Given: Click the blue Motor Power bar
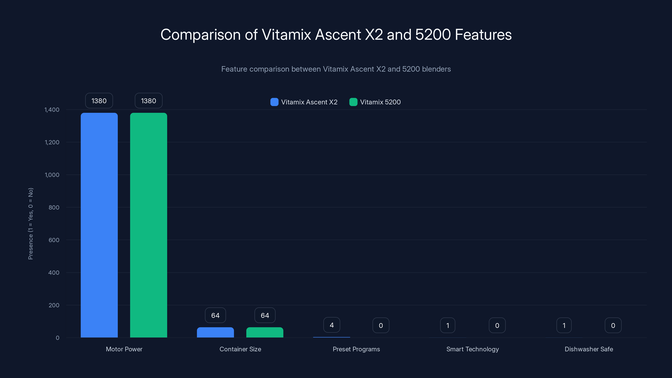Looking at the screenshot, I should (x=99, y=225).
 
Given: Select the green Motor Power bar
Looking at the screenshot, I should (x=148, y=225).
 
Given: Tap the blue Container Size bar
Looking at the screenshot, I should (x=215, y=332).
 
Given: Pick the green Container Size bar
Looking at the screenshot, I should (x=265, y=332).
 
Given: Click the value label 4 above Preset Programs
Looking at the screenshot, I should (x=332, y=325).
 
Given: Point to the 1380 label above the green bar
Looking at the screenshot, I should (x=148, y=101).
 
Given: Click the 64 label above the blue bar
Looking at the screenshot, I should (x=215, y=315).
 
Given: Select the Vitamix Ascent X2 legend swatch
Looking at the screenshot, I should (x=274, y=102).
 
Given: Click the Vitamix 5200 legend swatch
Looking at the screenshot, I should (x=353, y=102).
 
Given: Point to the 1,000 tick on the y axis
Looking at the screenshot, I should (x=52, y=175).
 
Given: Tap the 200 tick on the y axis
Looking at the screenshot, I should (x=54, y=305).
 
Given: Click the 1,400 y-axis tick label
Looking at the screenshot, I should (x=52, y=110).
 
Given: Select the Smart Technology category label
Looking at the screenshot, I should (x=472, y=349).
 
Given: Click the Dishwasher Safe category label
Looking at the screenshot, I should (x=589, y=349).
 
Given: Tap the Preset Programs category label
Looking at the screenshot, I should (x=356, y=349).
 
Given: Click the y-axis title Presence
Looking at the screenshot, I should (x=30, y=224).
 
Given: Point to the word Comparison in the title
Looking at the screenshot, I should (x=200, y=34).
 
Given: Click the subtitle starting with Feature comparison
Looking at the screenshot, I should (x=336, y=69).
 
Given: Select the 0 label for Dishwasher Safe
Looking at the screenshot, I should (x=613, y=325).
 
